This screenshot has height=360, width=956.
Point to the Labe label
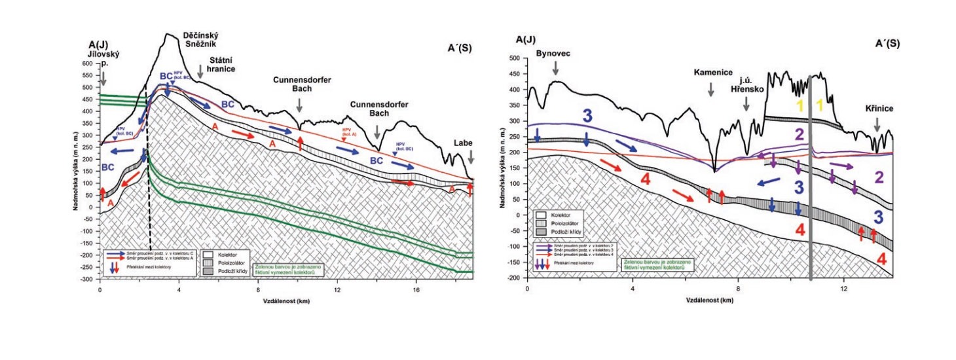click(464, 143)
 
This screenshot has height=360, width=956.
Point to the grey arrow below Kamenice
click(711, 92)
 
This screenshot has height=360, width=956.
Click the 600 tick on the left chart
click(88, 64)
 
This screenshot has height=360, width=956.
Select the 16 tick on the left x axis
click(416, 289)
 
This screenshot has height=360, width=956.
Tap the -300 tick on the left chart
click(86, 279)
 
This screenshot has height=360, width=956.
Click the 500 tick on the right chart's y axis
click(515, 58)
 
